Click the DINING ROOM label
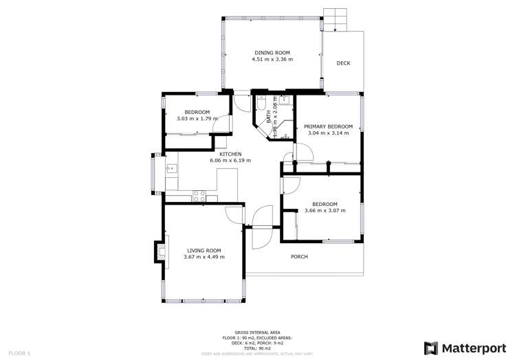pos(272,52)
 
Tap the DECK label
pos(343,63)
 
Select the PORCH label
pos(298,257)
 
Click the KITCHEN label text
pos(230,154)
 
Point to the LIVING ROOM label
pos(204,250)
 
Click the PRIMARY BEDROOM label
pos(328,126)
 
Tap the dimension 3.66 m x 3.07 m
pos(325,211)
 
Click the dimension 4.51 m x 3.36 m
pos(272,60)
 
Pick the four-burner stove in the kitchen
pos(199,194)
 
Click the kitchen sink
pos(170,167)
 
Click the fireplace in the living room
pos(161,253)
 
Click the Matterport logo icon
pos(431,348)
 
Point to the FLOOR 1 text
pos(19,352)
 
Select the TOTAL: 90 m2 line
pos(257,348)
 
